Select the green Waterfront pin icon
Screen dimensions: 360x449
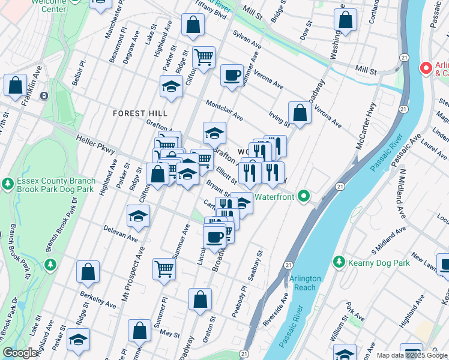(304, 196)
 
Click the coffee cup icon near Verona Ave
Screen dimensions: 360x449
(231, 76)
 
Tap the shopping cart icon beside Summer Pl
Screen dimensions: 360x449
(163, 269)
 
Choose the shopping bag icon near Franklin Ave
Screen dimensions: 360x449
(14, 85)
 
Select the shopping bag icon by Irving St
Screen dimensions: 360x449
(299, 113)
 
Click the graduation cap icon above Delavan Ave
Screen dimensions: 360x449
(138, 216)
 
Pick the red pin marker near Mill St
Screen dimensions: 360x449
(426, 68)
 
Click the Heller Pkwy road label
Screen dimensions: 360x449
(95, 146)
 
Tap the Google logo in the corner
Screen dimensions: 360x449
(20, 353)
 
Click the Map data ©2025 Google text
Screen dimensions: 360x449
(412, 355)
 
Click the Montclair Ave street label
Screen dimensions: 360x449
(224, 110)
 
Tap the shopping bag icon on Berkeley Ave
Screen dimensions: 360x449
(88, 272)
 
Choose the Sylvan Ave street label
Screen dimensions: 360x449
(247, 40)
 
